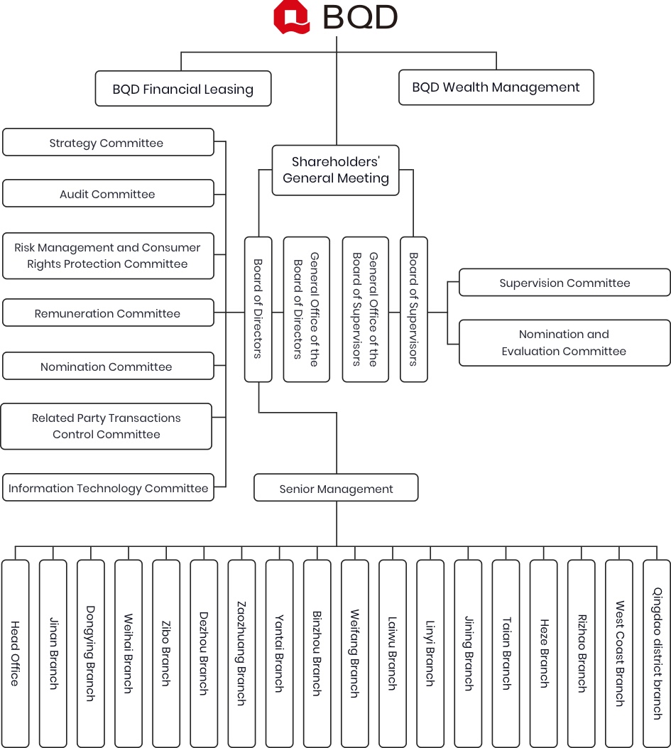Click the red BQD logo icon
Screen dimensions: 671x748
[291, 17]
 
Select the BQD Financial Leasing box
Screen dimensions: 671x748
[183, 89]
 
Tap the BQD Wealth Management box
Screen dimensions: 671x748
[496, 87]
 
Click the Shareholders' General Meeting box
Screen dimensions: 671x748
[335, 170]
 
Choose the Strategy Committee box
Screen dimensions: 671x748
[108, 142]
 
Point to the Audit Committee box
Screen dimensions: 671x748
[108, 193]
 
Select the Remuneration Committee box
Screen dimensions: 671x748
[108, 313]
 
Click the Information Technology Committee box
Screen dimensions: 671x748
[108, 487]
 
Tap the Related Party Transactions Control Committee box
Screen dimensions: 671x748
[107, 426]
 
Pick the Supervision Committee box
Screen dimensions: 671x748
[564, 283]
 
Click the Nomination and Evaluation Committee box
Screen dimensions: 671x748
[564, 343]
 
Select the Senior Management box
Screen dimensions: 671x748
[336, 487]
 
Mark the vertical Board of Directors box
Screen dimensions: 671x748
[258, 309]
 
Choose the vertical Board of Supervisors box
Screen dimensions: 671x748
[413, 309]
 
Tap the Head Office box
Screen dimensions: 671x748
[15, 654]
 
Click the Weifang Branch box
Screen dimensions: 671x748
[355, 654]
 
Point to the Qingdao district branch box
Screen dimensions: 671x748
[658, 654]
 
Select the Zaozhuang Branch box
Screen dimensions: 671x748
[241, 654]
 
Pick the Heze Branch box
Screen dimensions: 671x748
[544, 654]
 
